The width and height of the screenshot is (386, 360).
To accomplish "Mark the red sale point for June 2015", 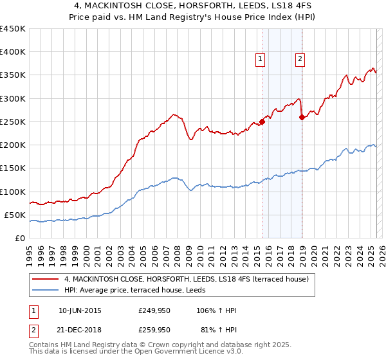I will pyautogui.click(x=262, y=122).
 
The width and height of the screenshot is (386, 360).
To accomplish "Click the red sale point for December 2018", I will pyautogui.click(x=302, y=117).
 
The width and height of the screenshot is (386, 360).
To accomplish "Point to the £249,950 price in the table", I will pyautogui.click(x=154, y=310).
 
